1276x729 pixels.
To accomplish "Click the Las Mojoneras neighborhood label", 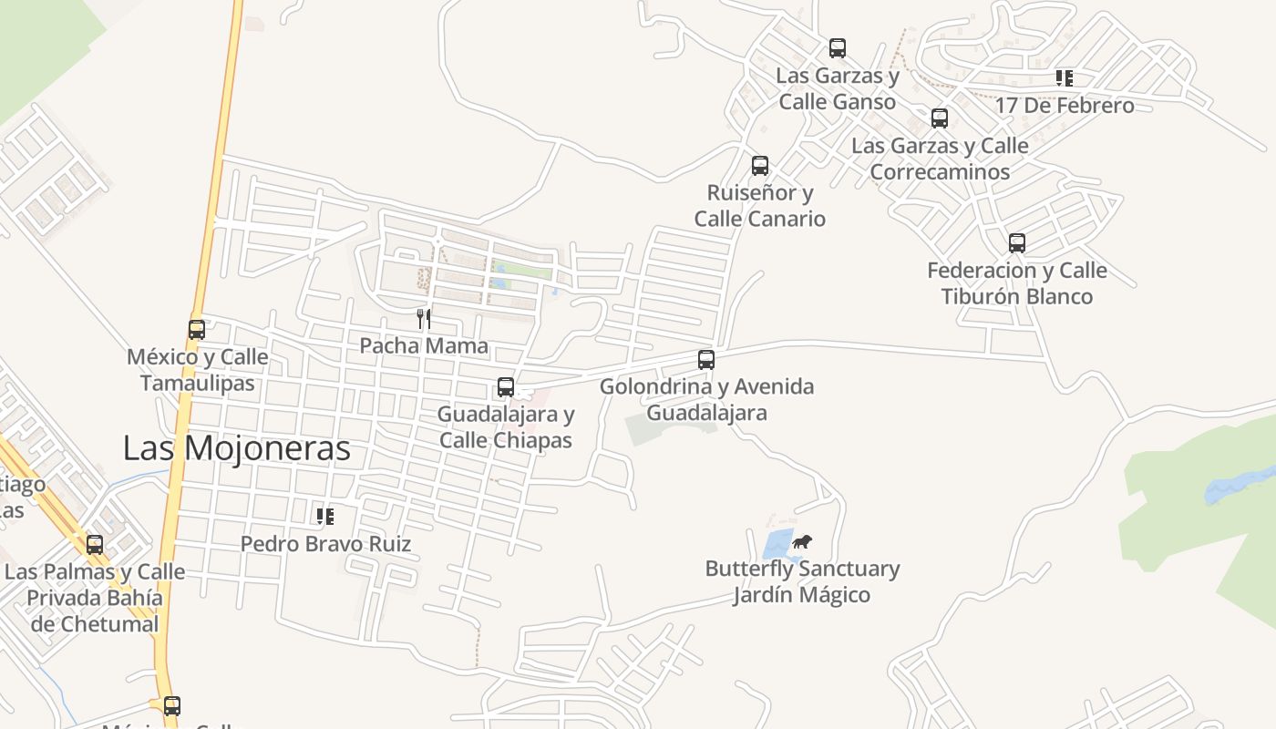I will click(x=236, y=448).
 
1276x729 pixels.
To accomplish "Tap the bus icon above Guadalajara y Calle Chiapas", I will click(x=506, y=387).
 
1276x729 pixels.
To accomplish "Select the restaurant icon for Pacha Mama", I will click(x=424, y=318).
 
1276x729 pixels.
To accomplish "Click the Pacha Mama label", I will click(x=424, y=346).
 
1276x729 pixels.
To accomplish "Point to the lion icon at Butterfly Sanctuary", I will click(x=801, y=542).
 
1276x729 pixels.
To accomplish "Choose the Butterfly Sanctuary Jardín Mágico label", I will click(x=802, y=581).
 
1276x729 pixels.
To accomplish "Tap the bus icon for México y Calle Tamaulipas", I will click(x=197, y=330).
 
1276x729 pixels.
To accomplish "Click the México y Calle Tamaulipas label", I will click(x=198, y=369).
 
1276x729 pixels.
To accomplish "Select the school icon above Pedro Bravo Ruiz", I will click(x=325, y=517).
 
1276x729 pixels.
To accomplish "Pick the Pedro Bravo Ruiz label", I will click(x=325, y=544).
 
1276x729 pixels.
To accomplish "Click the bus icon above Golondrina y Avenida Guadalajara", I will click(x=706, y=360).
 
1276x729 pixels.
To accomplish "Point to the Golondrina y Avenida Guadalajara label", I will click(x=706, y=399).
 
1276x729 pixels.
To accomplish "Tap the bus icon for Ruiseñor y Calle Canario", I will click(x=760, y=166).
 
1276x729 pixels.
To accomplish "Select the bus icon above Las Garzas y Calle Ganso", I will click(x=838, y=48).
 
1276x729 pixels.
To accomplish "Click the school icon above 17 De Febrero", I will click(x=1065, y=78).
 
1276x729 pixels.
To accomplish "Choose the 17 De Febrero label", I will click(x=1065, y=106).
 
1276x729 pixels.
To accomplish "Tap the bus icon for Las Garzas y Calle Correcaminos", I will click(x=940, y=118).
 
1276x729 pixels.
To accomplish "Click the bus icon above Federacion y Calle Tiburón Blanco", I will click(x=1017, y=243).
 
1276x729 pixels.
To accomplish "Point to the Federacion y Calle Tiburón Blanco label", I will click(x=1017, y=282).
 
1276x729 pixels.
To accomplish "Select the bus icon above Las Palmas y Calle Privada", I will click(x=95, y=545).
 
